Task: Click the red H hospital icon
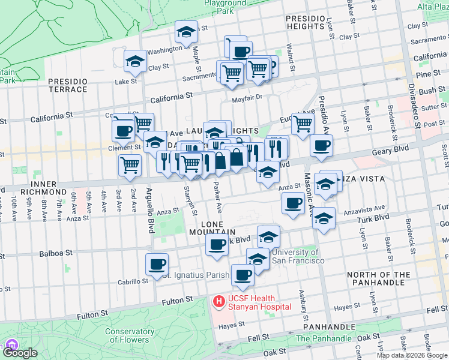tap(218, 299)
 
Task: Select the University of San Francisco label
tap(298, 256)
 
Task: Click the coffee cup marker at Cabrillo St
tap(157, 264)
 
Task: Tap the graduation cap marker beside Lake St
tap(135, 61)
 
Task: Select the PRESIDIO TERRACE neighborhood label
tap(67, 85)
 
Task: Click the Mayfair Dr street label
tap(247, 96)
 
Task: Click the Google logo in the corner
tap(20, 353)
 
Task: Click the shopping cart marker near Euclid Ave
tap(303, 124)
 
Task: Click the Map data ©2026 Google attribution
tap(412, 355)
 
